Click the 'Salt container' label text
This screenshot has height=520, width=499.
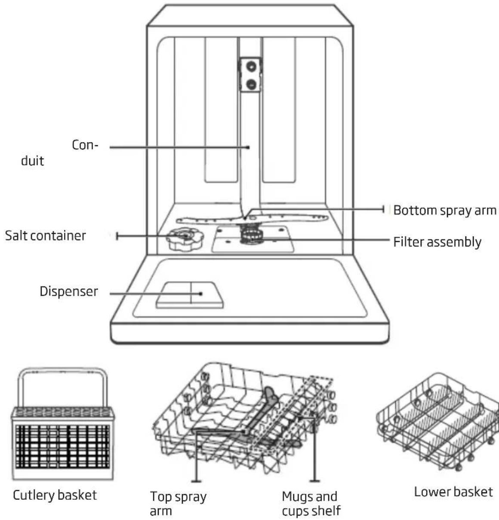point(46,236)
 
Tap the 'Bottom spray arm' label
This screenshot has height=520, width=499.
point(445,210)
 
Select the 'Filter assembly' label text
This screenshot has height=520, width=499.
point(437,242)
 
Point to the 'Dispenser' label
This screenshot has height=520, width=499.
point(69,291)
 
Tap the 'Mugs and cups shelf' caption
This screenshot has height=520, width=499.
point(311,504)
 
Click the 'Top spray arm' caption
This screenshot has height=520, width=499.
point(178,504)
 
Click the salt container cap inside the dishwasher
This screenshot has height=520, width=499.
point(185,239)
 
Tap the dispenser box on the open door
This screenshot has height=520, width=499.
point(190,295)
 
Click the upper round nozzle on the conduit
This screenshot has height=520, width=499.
point(251,66)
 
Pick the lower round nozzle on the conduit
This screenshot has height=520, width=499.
point(251,84)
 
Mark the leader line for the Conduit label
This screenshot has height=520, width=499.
point(179,147)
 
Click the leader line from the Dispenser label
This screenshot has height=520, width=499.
point(156,294)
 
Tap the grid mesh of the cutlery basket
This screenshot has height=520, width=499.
point(62,446)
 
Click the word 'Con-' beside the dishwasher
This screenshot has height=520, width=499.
point(85,145)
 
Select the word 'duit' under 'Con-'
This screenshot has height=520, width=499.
point(32,161)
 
